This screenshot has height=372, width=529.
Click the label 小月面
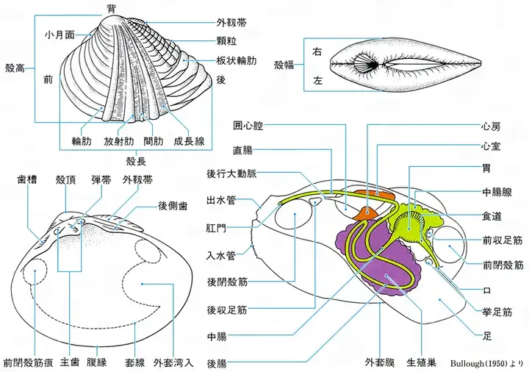[x=60, y=35]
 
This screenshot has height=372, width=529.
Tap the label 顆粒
[x=226, y=41]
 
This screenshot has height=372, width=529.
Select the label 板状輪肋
[x=237, y=61]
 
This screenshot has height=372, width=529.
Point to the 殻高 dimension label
[x=15, y=68]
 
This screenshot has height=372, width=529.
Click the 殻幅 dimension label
[x=284, y=65]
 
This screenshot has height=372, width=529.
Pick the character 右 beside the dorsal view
[x=317, y=51]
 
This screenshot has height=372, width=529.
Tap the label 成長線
[x=190, y=141]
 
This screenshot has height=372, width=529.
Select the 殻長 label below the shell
[x=136, y=161]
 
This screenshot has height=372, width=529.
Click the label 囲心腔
[x=248, y=126]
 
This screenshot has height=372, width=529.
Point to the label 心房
[x=491, y=127]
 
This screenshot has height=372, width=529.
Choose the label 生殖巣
[x=422, y=362]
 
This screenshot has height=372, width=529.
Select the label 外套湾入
[x=173, y=362]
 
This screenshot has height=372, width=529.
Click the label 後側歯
[x=173, y=206]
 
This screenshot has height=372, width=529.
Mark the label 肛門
[x=216, y=229]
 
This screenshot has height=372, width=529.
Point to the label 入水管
[x=221, y=256]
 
